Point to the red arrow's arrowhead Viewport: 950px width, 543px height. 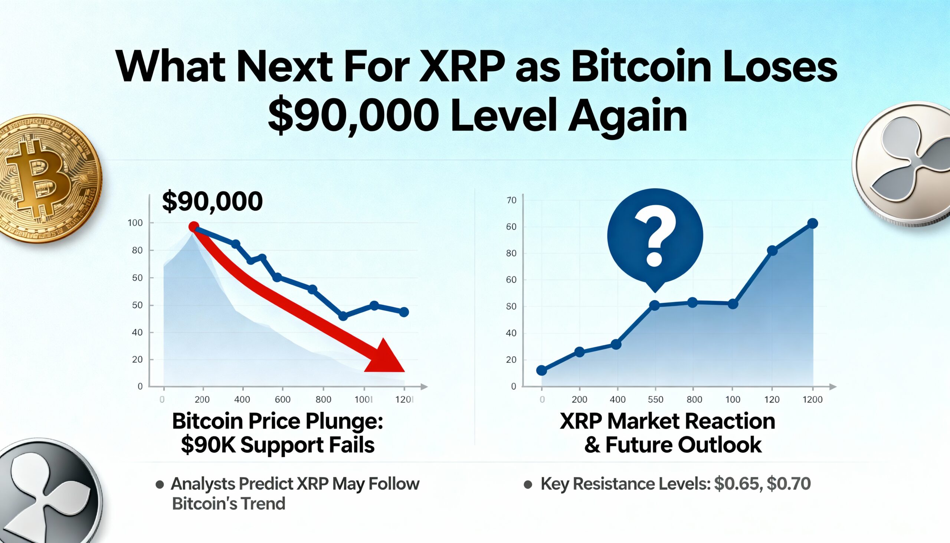click(x=386, y=358)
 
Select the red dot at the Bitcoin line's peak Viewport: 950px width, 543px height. click(x=193, y=227)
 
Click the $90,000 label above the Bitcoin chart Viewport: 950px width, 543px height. click(x=212, y=202)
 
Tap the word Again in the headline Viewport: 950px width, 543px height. click(x=627, y=115)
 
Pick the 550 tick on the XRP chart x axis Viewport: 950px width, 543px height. click(x=655, y=399)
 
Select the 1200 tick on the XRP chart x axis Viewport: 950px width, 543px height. click(x=812, y=399)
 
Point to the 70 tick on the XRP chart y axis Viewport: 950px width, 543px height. click(x=511, y=200)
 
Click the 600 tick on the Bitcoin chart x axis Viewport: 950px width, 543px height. click(x=282, y=399)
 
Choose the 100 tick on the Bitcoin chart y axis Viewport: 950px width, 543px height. click(x=135, y=223)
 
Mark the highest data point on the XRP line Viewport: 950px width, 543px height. click(x=812, y=223)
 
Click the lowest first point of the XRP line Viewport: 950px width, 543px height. click(x=541, y=370)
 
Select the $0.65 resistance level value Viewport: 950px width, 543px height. click(x=737, y=484)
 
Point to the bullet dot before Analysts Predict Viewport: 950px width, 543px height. click(x=160, y=484)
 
